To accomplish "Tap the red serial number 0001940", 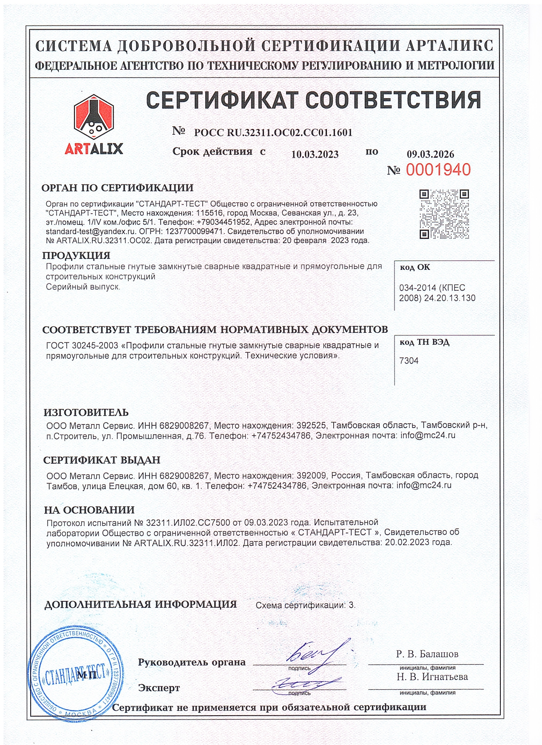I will click(438, 170).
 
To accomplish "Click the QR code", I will click(444, 214).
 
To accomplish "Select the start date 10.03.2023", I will click(315, 155).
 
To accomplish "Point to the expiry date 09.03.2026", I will click(430, 154).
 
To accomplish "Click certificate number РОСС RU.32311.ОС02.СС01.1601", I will click(273, 133).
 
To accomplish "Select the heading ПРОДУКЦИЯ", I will click(76, 255).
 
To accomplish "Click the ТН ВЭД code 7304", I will click(409, 361).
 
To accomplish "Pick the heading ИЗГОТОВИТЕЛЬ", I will click(86, 413).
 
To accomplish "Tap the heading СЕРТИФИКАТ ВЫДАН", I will click(102, 460).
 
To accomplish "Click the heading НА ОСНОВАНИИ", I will click(89, 510).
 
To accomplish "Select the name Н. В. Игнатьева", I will click(432, 677).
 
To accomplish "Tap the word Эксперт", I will click(159, 688).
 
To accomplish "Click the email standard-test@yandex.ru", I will click(91, 232).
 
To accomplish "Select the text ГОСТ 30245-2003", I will click(82, 346).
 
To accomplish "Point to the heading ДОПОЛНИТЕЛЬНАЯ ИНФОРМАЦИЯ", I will click(140, 605).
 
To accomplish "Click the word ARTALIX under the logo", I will click(94, 149).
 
